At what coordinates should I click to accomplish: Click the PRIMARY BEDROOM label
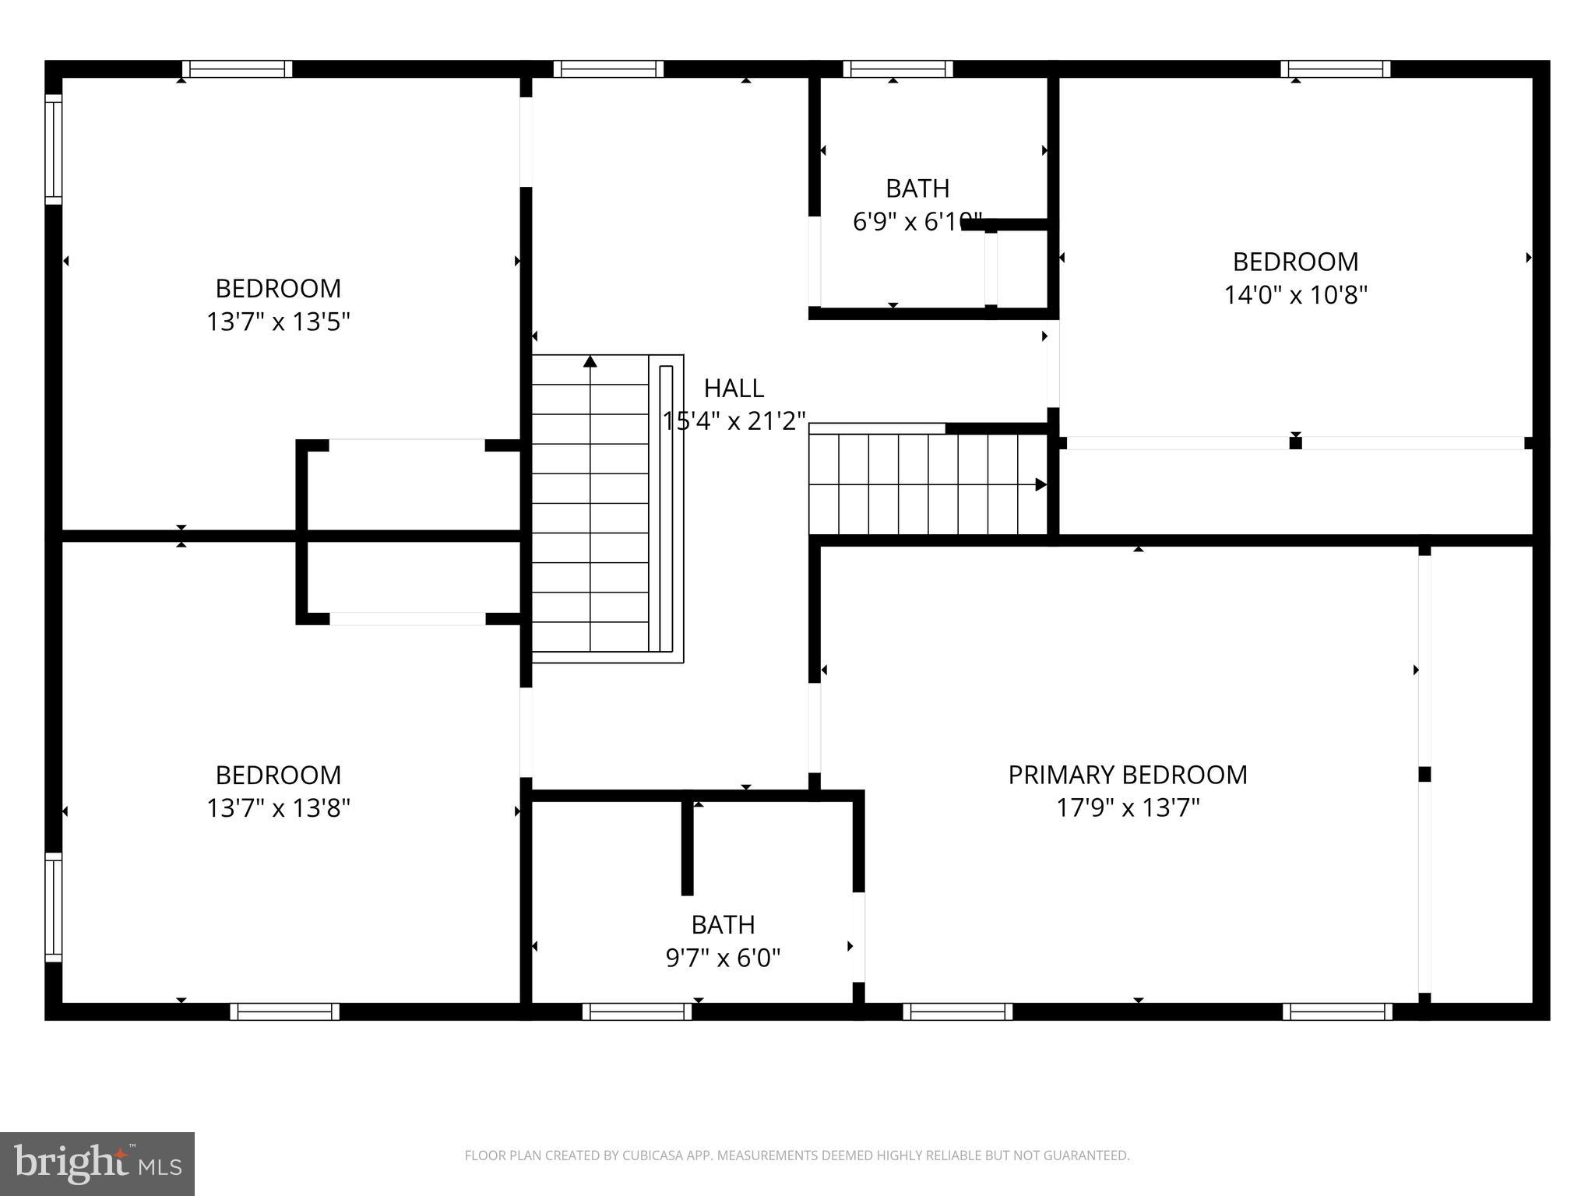1127,775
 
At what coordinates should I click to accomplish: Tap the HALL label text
734,388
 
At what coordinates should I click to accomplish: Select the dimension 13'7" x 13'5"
278,322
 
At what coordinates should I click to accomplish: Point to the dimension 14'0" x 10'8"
1295,295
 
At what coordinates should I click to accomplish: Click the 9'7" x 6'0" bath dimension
723,957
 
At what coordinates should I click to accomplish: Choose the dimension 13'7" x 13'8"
278,808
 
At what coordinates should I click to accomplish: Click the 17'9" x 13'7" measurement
1127,808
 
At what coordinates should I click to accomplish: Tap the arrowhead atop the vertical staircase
590,361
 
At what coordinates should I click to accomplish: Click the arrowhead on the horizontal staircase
1040,484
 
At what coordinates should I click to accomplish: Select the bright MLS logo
97,1163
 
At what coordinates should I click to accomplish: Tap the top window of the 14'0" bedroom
1335,69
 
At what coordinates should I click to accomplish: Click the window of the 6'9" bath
897,69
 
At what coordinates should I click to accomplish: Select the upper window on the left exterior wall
53,149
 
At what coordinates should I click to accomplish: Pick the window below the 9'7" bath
637,1011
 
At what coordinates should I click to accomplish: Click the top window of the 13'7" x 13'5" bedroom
238,69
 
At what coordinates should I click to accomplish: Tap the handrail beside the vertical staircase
666,508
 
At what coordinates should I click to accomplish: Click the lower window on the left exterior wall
53,906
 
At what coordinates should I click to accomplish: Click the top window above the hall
608,69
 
